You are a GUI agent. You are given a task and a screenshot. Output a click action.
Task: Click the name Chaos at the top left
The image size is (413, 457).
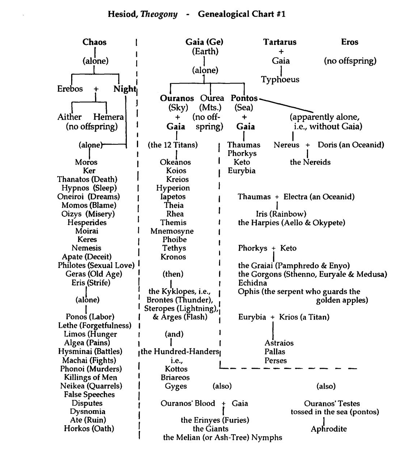click(x=94, y=42)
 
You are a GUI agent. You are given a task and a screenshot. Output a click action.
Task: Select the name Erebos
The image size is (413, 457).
click(x=70, y=89)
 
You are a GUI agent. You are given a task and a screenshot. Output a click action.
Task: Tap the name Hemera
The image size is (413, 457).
click(x=108, y=117)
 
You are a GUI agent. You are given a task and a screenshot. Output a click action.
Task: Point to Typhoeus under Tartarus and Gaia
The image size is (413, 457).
click(x=280, y=79)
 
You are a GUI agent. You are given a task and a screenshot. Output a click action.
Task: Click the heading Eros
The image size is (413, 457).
click(x=349, y=42)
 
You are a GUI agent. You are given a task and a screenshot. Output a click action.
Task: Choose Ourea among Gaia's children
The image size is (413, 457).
click(x=212, y=98)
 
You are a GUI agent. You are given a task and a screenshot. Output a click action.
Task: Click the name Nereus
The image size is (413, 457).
click(x=287, y=145)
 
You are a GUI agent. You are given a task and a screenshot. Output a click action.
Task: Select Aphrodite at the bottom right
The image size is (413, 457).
click(x=329, y=429)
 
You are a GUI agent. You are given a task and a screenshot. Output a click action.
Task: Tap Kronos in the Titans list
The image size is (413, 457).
click(x=173, y=257)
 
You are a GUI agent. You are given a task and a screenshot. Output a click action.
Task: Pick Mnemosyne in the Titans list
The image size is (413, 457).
click(x=172, y=231)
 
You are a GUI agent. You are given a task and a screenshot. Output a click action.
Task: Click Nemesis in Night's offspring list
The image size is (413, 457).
click(x=86, y=248)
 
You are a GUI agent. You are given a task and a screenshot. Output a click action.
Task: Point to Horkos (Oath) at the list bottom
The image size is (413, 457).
click(x=89, y=429)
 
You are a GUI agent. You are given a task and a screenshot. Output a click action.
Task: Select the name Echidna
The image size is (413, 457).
click(x=252, y=283)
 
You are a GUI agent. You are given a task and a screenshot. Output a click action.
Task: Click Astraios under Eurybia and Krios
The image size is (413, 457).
click(x=279, y=343)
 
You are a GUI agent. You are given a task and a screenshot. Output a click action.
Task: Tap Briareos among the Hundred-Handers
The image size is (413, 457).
click(x=175, y=378)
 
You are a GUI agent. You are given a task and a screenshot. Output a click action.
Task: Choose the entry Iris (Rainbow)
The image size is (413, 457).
click(x=281, y=214)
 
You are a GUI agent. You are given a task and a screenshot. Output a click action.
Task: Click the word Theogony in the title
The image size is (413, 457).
click(x=159, y=15)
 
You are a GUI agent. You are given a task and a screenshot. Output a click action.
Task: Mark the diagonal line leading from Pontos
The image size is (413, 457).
click(x=287, y=105)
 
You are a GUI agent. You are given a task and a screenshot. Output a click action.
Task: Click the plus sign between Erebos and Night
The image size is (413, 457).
click(x=96, y=89)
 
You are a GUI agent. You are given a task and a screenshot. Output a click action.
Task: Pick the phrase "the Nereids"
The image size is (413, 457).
click(x=310, y=162)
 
